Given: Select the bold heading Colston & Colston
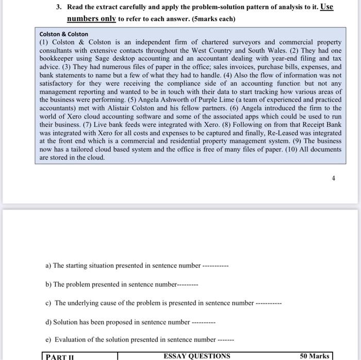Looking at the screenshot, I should (64, 34).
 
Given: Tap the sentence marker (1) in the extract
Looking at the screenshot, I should (45, 42).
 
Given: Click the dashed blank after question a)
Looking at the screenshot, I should (215, 266).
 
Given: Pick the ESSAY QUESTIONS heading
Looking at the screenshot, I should (197, 356).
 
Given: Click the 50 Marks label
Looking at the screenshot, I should (315, 356).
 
